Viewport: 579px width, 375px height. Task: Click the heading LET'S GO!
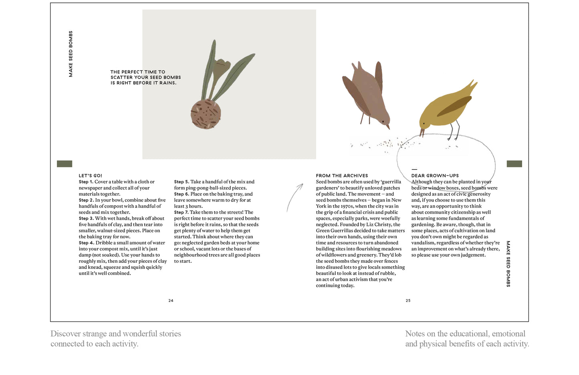(x=90, y=175)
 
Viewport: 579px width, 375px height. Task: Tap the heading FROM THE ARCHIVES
(x=341, y=175)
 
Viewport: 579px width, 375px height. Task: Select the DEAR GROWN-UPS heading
(x=435, y=175)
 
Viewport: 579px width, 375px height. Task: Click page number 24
(x=171, y=300)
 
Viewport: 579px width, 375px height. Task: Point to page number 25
(x=408, y=300)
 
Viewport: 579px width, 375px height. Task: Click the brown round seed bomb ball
(x=206, y=114)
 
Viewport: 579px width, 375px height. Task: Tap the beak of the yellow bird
(x=422, y=133)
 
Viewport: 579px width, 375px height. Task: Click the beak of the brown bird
(x=387, y=127)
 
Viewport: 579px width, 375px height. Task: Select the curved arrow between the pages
(x=295, y=197)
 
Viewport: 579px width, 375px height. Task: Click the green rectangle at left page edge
(x=65, y=163)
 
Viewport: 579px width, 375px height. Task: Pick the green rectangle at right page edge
(x=514, y=163)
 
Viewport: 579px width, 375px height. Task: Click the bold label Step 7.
(x=181, y=212)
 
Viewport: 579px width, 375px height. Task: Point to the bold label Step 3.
(x=86, y=218)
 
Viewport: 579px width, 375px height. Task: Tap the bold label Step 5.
(x=181, y=182)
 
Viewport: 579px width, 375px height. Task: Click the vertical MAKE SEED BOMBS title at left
(x=71, y=54)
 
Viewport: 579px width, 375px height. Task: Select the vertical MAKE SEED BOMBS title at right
(x=508, y=264)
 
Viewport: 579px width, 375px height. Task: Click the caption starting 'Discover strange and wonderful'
(x=115, y=339)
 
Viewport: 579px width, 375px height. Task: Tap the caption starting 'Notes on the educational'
(x=467, y=339)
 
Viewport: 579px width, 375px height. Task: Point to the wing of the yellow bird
(x=454, y=106)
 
